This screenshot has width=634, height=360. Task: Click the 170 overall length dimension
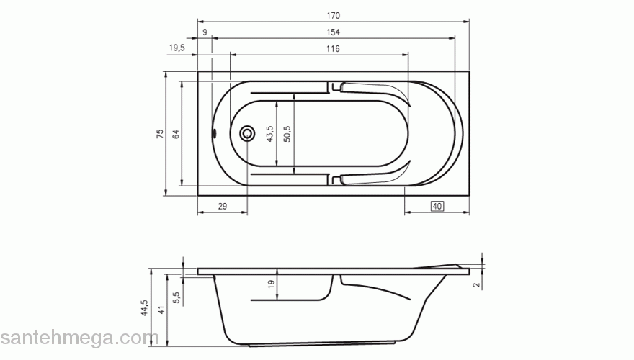[x=332, y=15]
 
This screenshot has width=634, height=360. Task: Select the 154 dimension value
[x=332, y=32]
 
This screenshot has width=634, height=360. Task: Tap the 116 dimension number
[x=332, y=49]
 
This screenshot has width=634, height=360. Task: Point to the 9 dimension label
[x=205, y=32]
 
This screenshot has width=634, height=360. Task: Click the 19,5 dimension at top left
[x=177, y=48]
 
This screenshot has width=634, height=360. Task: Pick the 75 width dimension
[x=160, y=133]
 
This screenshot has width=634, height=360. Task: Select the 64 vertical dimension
[x=176, y=133]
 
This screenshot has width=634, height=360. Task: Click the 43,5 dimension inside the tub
[x=269, y=134]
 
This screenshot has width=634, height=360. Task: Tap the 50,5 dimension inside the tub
[x=287, y=134]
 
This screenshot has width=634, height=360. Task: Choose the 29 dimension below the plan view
[x=222, y=207]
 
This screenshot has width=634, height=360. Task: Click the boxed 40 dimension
[x=437, y=207]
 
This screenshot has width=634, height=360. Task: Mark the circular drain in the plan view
[x=247, y=133]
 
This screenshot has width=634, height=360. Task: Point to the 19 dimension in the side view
[x=271, y=284]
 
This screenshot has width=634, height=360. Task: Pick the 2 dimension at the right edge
[x=477, y=284]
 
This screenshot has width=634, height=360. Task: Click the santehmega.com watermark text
[x=79, y=338]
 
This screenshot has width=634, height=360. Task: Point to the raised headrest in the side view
[x=450, y=266]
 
